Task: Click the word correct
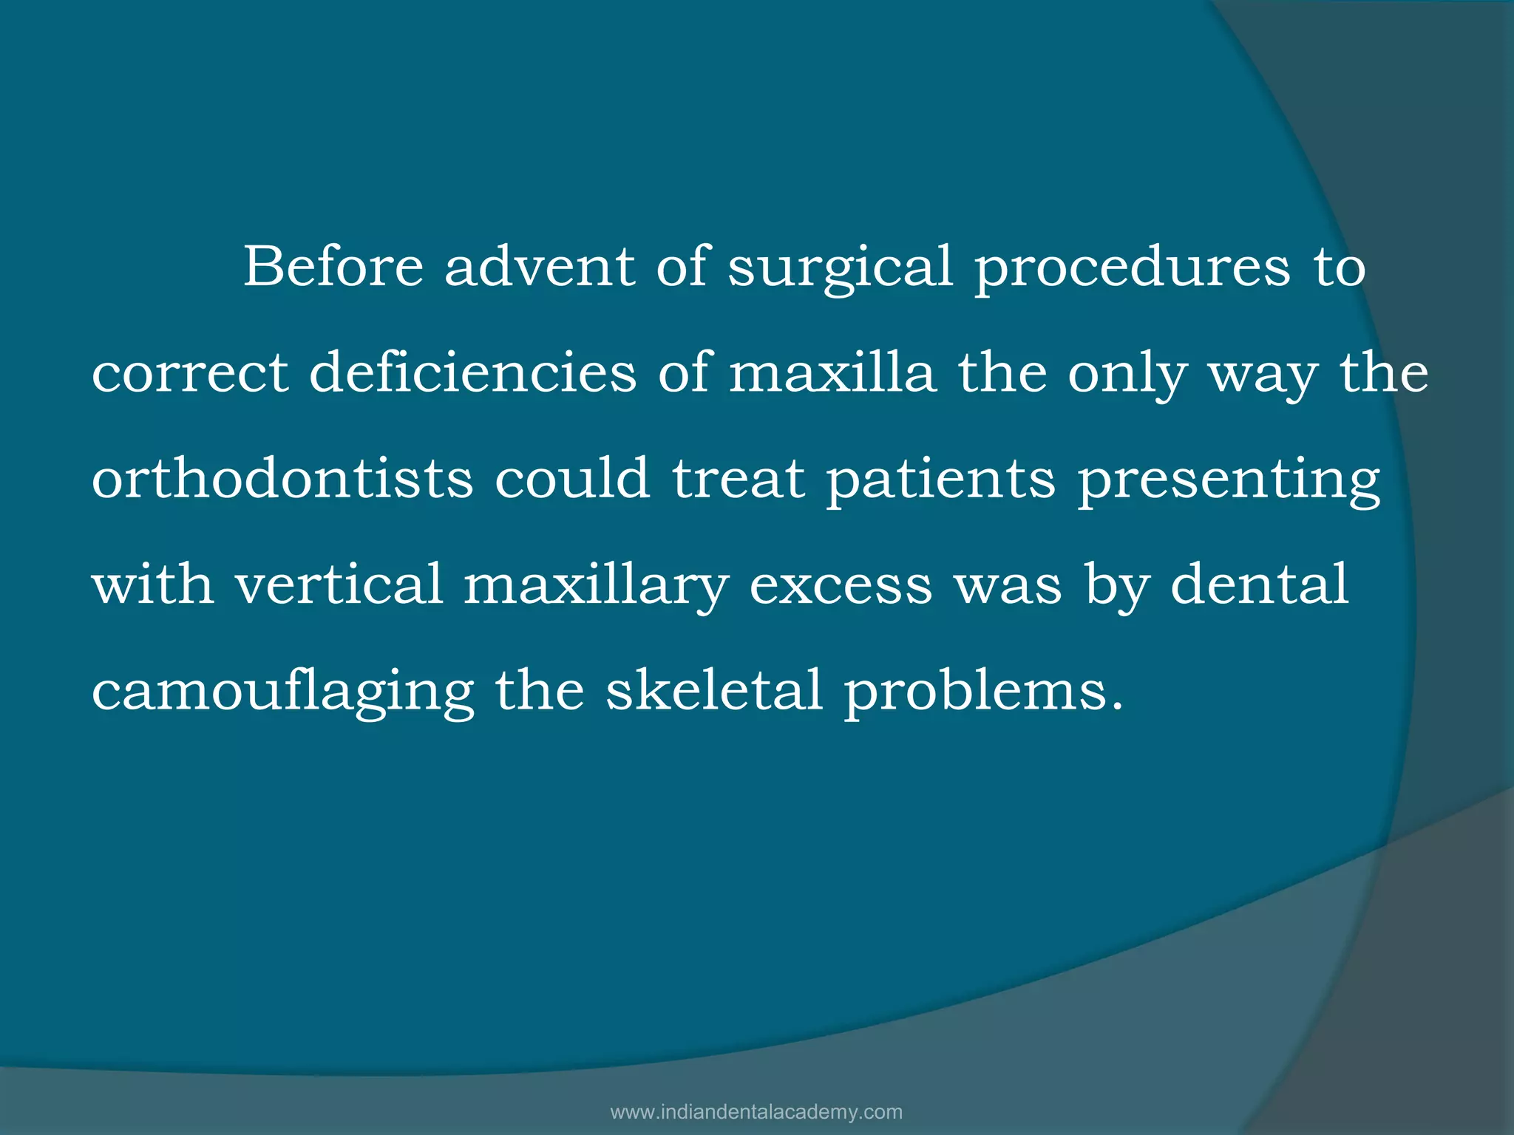tap(190, 372)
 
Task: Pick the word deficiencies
tap(472, 372)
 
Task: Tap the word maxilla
tap(832, 372)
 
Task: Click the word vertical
tap(339, 584)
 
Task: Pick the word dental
tap(1260, 584)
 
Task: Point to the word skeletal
tap(714, 689)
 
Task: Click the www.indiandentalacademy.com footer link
tap(756, 1112)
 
